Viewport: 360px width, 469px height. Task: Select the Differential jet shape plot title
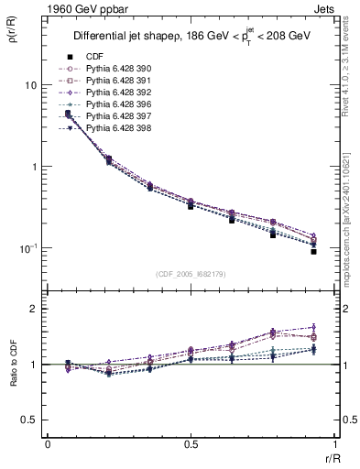tap(192, 37)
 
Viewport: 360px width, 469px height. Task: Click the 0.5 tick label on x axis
tap(191, 444)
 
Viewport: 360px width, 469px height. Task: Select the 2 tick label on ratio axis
tap(34, 309)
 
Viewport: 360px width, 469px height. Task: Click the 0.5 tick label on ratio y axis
tap(29, 420)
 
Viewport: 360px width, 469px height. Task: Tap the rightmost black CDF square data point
tap(313, 251)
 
